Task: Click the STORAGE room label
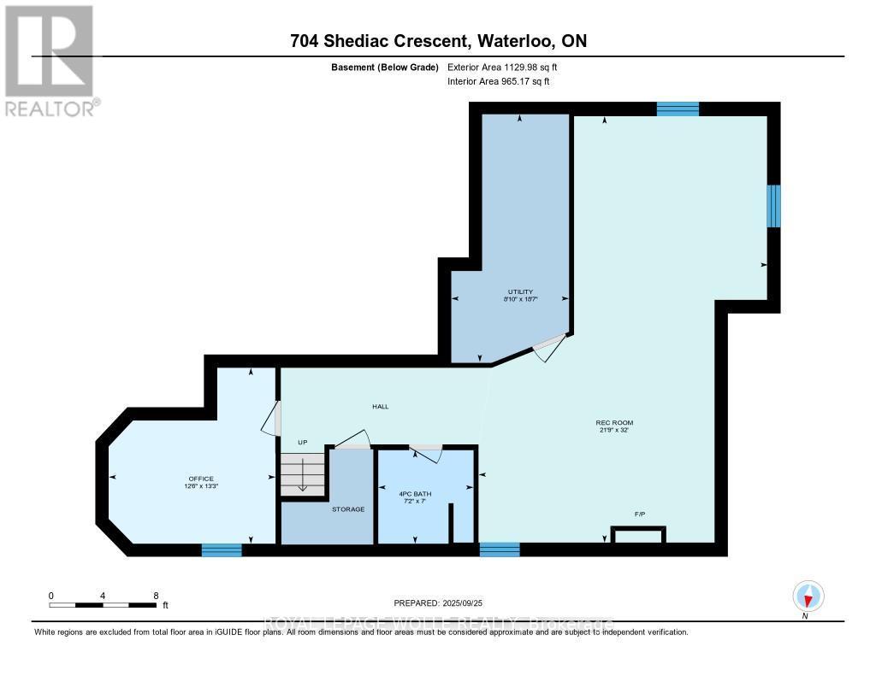click(348, 509)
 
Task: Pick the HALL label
click(380, 407)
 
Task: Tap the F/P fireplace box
click(639, 535)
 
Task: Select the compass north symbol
click(808, 596)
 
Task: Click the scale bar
click(103, 604)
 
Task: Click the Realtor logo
click(50, 60)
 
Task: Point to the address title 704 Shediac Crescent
click(437, 41)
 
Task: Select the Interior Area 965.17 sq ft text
click(499, 81)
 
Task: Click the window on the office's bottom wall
click(222, 550)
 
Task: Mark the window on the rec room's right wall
click(773, 206)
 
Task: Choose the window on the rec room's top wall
click(678, 109)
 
